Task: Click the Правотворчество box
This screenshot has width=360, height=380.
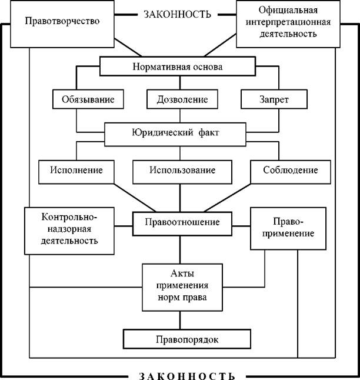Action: (x=62, y=24)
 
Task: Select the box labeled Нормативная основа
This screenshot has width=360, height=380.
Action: (x=178, y=66)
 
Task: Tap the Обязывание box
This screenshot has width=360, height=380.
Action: (x=88, y=99)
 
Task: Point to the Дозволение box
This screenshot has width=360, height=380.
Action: (x=182, y=99)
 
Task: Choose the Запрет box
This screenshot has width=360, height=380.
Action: (x=274, y=99)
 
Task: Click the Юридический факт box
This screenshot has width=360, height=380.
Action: (x=175, y=134)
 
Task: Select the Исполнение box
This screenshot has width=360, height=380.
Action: (x=76, y=172)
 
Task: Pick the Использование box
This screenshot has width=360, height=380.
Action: (x=182, y=172)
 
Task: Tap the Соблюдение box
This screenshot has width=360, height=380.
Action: (x=291, y=172)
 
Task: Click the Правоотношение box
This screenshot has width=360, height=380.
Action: (x=182, y=224)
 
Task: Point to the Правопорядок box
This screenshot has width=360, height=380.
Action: (x=187, y=339)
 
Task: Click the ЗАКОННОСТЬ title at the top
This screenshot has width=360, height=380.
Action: (x=178, y=15)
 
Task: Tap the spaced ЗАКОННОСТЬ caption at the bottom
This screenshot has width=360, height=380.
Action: (x=187, y=375)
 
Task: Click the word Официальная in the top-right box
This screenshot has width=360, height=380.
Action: (x=288, y=10)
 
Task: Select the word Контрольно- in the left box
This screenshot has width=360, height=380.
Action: (x=69, y=217)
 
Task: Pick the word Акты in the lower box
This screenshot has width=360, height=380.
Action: (x=182, y=274)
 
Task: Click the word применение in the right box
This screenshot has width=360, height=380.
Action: (x=288, y=234)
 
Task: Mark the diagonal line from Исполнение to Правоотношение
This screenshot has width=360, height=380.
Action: (x=135, y=198)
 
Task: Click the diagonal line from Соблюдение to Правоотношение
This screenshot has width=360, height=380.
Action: (x=228, y=198)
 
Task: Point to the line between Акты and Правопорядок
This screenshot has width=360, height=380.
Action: (x=180, y=320)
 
